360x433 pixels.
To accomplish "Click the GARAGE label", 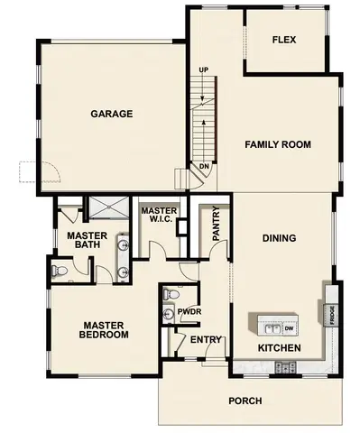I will point(112,114).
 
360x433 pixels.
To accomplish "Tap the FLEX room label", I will point(284,41).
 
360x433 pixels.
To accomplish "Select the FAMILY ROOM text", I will point(278,144).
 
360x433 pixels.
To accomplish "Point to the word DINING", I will point(279,238).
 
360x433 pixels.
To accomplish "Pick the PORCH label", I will point(245,401).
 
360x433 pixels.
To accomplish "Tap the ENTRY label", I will point(206,339).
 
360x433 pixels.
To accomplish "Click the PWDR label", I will point(189,312).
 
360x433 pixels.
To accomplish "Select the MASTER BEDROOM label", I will point(106,330).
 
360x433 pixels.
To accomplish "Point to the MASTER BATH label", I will point(88,241).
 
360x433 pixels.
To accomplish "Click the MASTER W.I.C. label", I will point(159,215).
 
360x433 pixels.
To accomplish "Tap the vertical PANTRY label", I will point(217,226).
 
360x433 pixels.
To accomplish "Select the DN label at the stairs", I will point(204,166).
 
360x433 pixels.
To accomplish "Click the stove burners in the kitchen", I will point(286,367).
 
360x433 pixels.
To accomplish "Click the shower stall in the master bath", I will point(105,208).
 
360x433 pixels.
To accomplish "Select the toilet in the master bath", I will point(60,271).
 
